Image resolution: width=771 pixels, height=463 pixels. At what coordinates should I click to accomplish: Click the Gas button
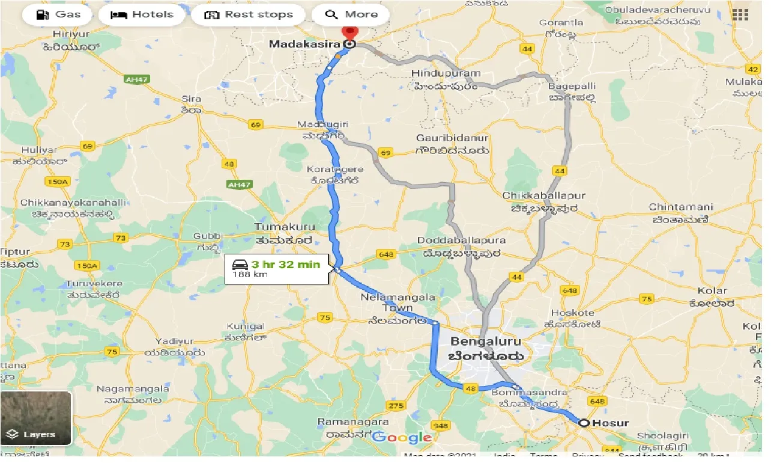tap(58, 14)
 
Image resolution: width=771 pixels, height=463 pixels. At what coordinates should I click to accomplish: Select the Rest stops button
tap(249, 14)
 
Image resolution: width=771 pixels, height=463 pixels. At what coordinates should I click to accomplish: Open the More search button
tap(351, 14)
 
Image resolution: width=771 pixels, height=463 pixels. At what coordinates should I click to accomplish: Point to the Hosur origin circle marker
tap(584, 423)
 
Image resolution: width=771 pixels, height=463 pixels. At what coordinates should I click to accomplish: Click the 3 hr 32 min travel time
tap(285, 263)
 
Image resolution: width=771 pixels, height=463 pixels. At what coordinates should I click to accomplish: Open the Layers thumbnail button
tap(36, 419)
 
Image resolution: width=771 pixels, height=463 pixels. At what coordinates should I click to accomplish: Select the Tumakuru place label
tap(284, 227)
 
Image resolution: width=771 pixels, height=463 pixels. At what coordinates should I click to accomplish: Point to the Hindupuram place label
tap(446, 73)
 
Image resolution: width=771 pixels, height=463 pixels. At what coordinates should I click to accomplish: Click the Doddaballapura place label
tap(462, 241)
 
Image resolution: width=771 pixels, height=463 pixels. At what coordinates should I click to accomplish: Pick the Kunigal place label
tap(245, 326)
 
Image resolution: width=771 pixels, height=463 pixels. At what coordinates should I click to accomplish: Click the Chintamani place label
tap(680, 207)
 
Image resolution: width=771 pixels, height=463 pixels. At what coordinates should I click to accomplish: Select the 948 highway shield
tap(440, 426)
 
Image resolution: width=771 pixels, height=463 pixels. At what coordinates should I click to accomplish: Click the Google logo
tap(402, 437)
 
